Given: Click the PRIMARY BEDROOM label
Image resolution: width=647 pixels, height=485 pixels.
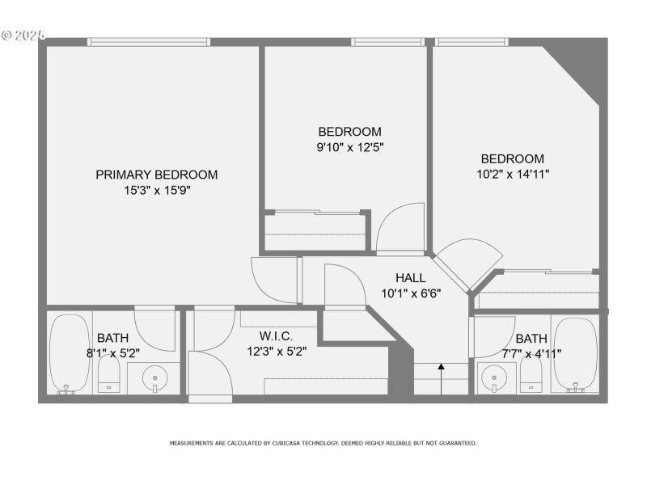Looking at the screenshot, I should pyautogui.click(x=157, y=175).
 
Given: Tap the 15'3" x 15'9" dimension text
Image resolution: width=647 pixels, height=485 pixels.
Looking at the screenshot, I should pyautogui.click(x=157, y=191).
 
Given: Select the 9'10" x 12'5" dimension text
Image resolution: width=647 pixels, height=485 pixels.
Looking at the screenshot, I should pyautogui.click(x=349, y=147).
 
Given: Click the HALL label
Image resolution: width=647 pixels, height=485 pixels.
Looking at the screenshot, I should pyautogui.click(x=411, y=278).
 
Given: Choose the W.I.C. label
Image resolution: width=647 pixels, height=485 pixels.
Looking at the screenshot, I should pyautogui.click(x=276, y=336).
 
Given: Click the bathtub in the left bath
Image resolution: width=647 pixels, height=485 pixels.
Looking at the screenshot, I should pyautogui.click(x=69, y=352).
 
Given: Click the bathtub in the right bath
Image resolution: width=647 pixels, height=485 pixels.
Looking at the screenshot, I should pyautogui.click(x=575, y=354).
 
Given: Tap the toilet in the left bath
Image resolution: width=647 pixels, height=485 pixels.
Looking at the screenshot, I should pyautogui.click(x=109, y=374).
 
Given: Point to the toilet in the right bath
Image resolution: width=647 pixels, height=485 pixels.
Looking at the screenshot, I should pyautogui.click(x=531, y=374).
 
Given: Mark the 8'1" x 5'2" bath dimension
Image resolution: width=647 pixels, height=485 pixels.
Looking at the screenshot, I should pyautogui.click(x=113, y=353).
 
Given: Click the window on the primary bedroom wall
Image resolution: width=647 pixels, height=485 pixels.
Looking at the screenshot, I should pyautogui.click(x=149, y=42).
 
